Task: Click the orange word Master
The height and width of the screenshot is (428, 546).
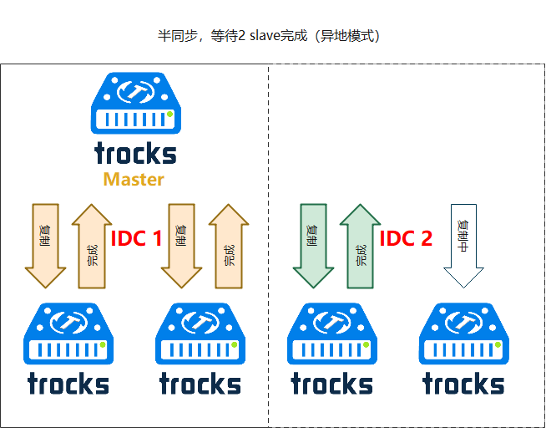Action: click(134, 179)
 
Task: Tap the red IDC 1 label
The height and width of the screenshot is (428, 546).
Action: click(137, 239)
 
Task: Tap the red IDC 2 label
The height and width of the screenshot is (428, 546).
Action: click(406, 239)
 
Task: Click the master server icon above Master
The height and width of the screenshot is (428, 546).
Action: click(134, 104)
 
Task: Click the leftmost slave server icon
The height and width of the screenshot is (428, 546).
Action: click(68, 334)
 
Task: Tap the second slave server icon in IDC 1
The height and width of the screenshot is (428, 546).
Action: click(200, 334)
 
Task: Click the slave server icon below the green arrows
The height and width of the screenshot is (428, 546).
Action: click(331, 334)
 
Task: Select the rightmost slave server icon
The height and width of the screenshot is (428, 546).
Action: click(463, 334)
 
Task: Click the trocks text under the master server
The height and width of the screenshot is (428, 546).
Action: click(135, 154)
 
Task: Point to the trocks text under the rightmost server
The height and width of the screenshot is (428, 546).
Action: click(463, 384)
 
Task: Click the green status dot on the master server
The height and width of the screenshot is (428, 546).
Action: click(169, 114)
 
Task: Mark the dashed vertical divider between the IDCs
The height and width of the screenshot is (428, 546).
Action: click(268, 251)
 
